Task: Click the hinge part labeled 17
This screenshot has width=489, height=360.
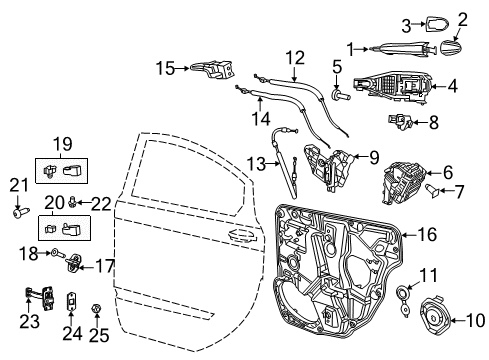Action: (x=75, y=265)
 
